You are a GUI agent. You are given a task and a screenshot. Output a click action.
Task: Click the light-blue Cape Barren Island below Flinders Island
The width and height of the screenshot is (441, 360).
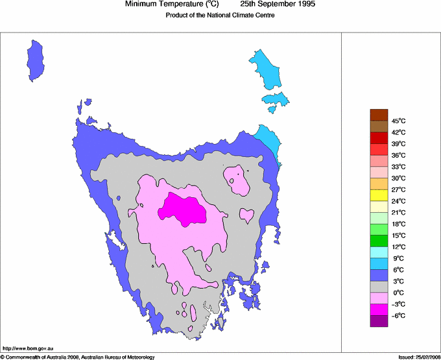pyautogui.click(x=275, y=101)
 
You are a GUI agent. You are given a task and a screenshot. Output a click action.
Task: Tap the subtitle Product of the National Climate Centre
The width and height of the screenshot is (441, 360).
pyautogui.click(x=220, y=16)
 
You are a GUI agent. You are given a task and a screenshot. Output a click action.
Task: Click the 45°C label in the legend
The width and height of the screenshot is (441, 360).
pyautogui.click(x=398, y=121)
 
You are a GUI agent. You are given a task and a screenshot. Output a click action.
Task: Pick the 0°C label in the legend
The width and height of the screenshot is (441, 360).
pyautogui.click(x=398, y=293)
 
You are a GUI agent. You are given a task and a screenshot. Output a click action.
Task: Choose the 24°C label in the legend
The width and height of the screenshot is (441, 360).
pyautogui.click(x=398, y=201)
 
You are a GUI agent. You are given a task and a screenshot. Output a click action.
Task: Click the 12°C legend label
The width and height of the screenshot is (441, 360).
pyautogui.click(x=398, y=247)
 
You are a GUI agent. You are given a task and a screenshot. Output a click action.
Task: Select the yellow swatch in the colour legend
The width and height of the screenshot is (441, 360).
pyautogui.click(x=379, y=195)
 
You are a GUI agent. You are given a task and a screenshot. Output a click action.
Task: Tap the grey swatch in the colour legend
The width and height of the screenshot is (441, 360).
pyautogui.click(x=379, y=287)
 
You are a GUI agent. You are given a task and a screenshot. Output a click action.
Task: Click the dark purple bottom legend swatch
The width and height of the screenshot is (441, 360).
pyautogui.click(x=379, y=321)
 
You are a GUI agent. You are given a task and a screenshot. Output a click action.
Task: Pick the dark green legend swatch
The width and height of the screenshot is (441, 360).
pyautogui.click(x=379, y=241)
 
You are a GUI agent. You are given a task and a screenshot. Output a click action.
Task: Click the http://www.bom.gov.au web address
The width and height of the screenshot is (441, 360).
pyautogui.click(x=29, y=348)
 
